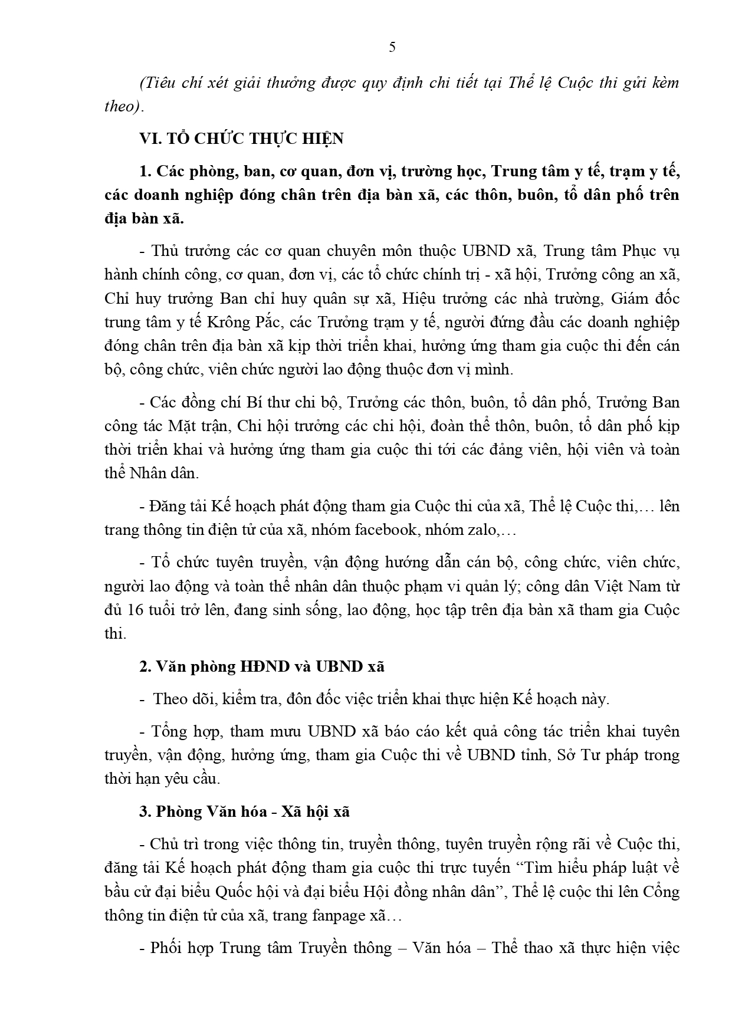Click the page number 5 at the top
(x=392, y=48)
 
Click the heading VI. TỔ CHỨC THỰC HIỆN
(x=241, y=139)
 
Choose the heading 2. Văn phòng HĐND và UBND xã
(x=262, y=666)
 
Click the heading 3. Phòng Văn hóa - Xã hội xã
(x=245, y=811)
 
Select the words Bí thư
(x=264, y=402)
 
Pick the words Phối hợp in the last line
(x=182, y=948)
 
